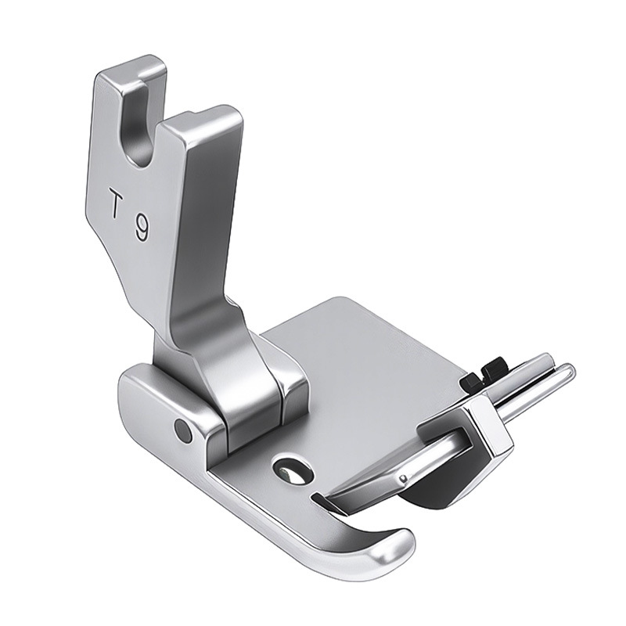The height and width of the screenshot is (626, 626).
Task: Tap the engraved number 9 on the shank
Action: (142, 227)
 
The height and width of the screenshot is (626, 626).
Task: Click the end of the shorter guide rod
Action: (546, 359)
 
